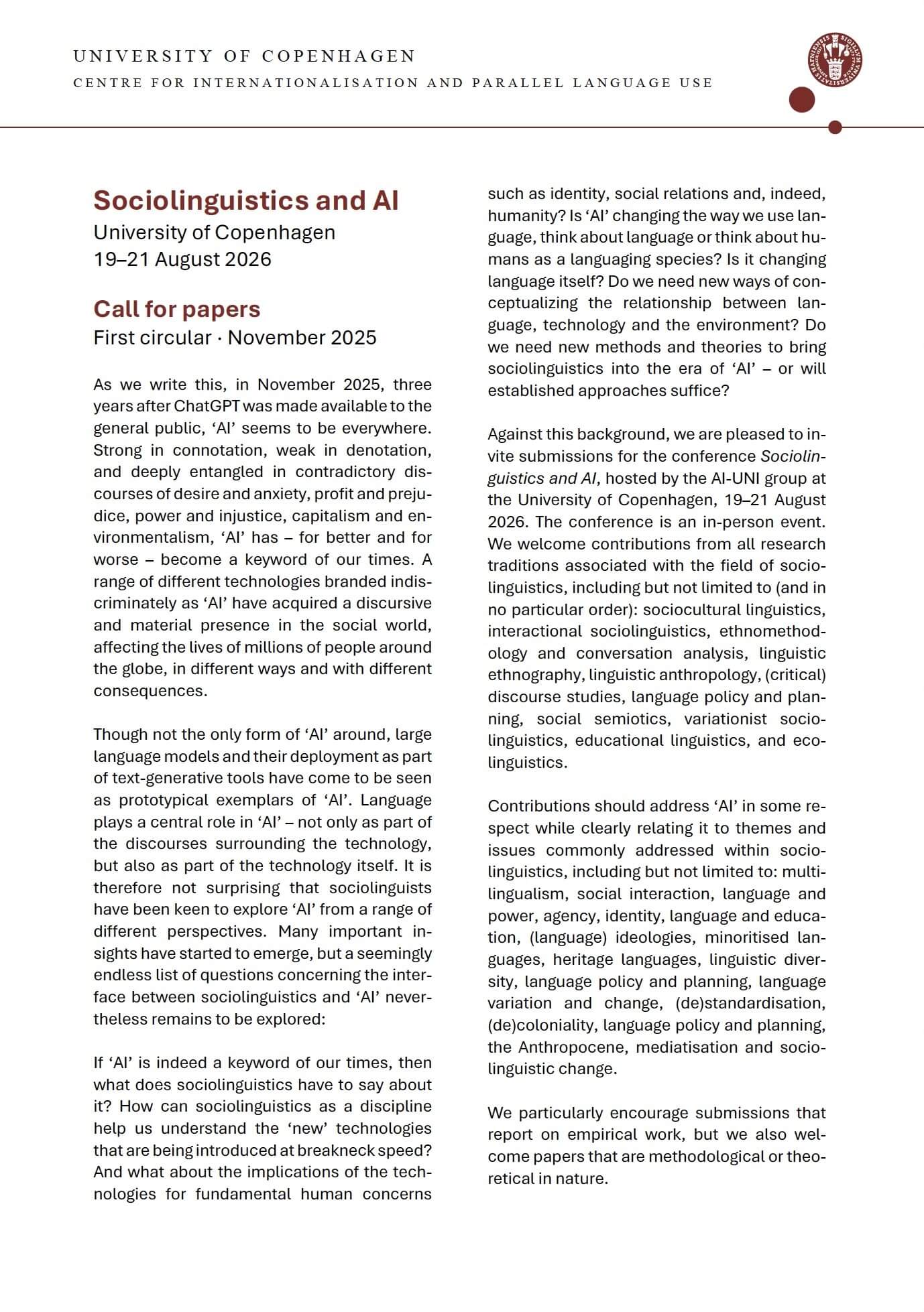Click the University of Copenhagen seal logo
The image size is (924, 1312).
pyautogui.click(x=834, y=60)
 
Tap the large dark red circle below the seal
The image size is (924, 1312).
pyautogui.click(x=802, y=100)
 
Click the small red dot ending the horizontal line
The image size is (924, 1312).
pyautogui.click(x=835, y=127)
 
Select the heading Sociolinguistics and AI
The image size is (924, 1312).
pyautogui.click(x=245, y=200)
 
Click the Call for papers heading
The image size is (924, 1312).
pyautogui.click(x=177, y=309)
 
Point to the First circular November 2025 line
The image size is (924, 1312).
pyautogui.click(x=235, y=338)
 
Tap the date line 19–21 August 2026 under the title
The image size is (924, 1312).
pyautogui.click(x=182, y=259)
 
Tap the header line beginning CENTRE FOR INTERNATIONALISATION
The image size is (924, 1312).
pyautogui.click(x=392, y=83)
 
